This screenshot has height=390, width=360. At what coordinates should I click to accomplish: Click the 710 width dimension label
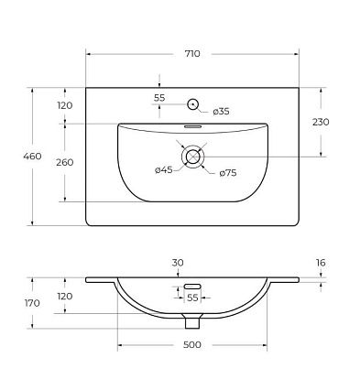pyautogui.click(x=192, y=54)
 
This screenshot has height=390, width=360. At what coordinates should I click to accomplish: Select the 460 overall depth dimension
pyautogui.click(x=32, y=157)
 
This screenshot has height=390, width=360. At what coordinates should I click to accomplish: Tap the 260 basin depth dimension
pyautogui.click(x=65, y=162)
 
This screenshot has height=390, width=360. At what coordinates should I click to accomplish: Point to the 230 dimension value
pyautogui.click(x=321, y=122)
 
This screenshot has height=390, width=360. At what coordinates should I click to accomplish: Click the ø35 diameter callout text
pyautogui.click(x=221, y=112)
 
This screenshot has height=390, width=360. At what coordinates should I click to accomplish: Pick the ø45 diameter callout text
pyautogui.click(x=164, y=170)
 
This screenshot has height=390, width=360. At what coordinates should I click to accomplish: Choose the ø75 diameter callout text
pyautogui.click(x=228, y=173)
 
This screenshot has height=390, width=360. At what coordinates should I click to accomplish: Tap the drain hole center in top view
pyautogui.click(x=193, y=157)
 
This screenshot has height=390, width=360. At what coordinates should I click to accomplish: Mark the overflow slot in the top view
pyautogui.click(x=192, y=126)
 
